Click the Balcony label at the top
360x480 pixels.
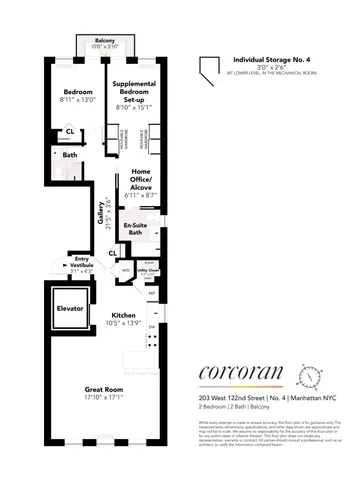[x=96, y=43]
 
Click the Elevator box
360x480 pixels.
[x=69, y=309]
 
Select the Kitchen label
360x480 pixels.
[x=123, y=314]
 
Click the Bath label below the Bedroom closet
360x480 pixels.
[x=69, y=155]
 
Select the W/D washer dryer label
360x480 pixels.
[x=126, y=270]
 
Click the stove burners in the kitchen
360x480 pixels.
[x=152, y=346]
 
